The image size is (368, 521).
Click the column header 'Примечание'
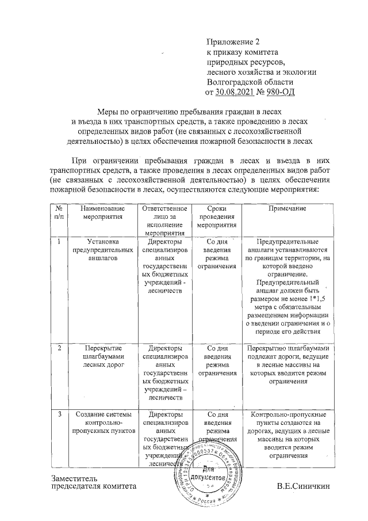[x=286, y=208]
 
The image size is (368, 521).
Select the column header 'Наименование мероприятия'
[x=103, y=213]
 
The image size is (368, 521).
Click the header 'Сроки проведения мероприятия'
[x=217, y=216]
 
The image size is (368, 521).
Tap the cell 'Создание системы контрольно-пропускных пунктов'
[x=103, y=422]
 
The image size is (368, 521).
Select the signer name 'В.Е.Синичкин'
[x=304, y=486]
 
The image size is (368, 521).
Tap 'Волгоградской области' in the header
[x=246, y=82]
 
